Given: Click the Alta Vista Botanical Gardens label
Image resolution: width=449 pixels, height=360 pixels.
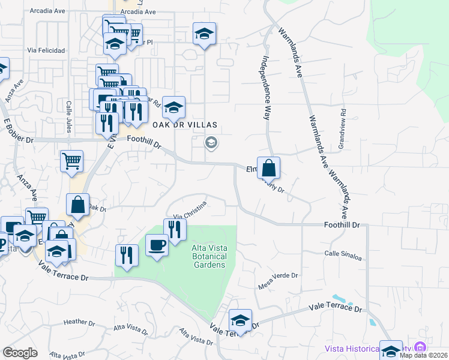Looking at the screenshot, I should (208, 257).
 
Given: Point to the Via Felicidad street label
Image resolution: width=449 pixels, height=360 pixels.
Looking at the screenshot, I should (46, 51).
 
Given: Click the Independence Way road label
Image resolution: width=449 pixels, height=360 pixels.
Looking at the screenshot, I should (264, 88).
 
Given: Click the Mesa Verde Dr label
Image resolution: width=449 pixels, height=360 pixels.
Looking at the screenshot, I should (278, 279).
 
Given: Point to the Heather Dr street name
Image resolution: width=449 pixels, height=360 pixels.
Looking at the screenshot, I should (76, 322).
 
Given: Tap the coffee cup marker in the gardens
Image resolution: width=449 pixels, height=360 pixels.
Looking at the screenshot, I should (157, 246).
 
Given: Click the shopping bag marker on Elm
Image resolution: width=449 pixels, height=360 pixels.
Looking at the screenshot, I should (269, 167).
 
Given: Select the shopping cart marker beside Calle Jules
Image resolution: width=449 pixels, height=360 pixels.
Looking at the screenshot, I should (71, 161).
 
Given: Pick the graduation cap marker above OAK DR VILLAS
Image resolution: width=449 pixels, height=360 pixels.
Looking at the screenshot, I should (174, 107).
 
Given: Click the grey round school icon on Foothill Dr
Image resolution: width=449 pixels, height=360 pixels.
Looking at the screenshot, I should (211, 143).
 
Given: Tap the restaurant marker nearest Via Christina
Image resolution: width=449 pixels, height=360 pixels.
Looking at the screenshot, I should (175, 229).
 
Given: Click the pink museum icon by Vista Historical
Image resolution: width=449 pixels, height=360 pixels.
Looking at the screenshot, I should (420, 347).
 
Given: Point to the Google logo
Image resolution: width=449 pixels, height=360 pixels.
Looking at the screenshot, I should (20, 353).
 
